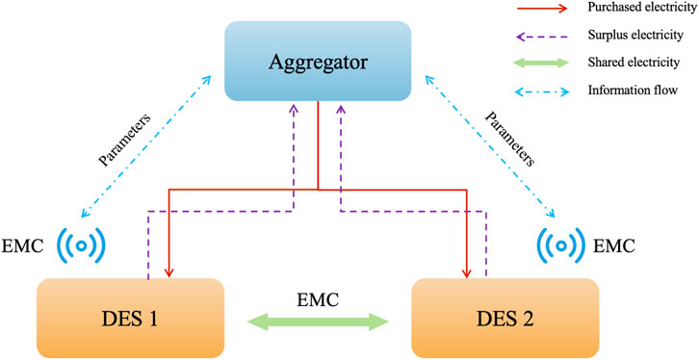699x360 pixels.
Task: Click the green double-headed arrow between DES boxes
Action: [317, 318]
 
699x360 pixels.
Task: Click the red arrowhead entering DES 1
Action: [168, 271]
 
